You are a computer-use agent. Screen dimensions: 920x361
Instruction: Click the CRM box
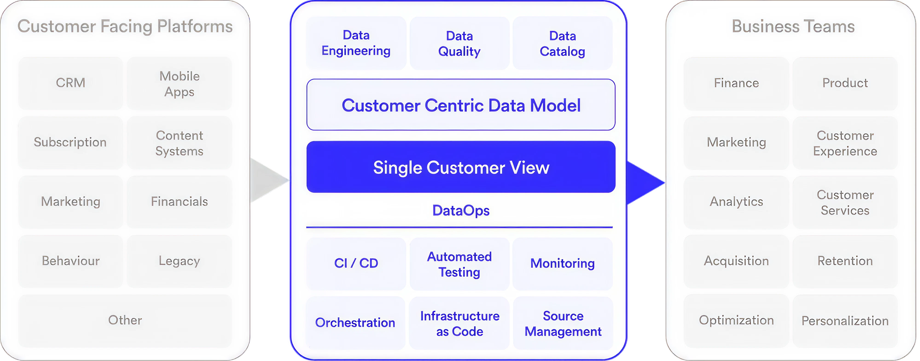[71, 83]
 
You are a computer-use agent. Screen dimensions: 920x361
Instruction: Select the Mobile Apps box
[179, 84]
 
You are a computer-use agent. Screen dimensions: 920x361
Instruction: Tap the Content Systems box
[179, 143]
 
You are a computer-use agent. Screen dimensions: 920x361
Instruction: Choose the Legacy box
[179, 261]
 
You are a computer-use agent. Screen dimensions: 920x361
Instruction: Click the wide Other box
[125, 320]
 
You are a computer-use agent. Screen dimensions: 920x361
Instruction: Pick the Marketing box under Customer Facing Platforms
[71, 202]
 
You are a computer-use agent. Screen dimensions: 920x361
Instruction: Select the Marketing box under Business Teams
[736, 142]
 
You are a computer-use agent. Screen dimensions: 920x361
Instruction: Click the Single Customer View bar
[461, 167]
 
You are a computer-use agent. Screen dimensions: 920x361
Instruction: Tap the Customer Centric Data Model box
[461, 105]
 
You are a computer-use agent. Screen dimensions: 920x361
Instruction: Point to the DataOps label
[461, 210]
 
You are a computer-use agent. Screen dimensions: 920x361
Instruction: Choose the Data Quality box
[459, 44]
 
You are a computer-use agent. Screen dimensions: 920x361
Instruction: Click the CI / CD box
[356, 263]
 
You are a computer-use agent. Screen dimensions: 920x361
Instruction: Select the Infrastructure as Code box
[459, 324]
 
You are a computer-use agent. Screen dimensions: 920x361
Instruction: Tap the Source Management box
[563, 324]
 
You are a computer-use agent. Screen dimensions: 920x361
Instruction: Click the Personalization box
[845, 321]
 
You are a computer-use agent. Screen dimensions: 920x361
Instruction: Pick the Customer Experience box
[845, 143]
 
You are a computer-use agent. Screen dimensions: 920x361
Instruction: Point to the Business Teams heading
[793, 26]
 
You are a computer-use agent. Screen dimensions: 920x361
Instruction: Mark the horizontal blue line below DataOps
[459, 227]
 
